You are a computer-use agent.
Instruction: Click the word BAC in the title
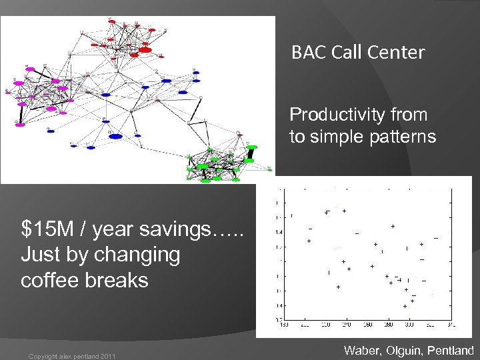pyautogui.click(x=307, y=53)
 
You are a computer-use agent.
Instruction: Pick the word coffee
pyautogui.click(x=49, y=280)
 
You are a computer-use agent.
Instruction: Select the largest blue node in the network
pyautogui.click(x=116, y=137)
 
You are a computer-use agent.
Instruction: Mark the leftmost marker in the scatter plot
pyautogui.click(x=291, y=215)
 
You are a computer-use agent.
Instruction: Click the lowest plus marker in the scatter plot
pyautogui.click(x=405, y=306)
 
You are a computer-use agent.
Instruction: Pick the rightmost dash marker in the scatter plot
pyautogui.click(x=436, y=238)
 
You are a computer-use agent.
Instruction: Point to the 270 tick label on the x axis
pyautogui.click(x=346, y=325)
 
